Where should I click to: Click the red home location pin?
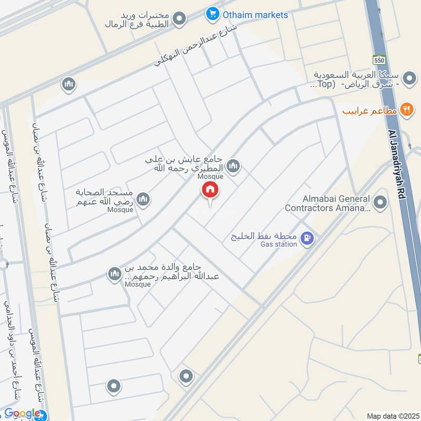[210, 191]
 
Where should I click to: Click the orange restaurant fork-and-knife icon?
[406, 110]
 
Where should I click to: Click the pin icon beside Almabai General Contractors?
[379, 202]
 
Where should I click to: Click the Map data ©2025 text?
[392, 416]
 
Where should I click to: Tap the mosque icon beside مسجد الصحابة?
[143, 199]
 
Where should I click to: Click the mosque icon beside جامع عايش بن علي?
[233, 166]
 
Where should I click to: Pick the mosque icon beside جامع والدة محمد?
[114, 274]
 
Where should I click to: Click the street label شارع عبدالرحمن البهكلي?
[195, 46]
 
